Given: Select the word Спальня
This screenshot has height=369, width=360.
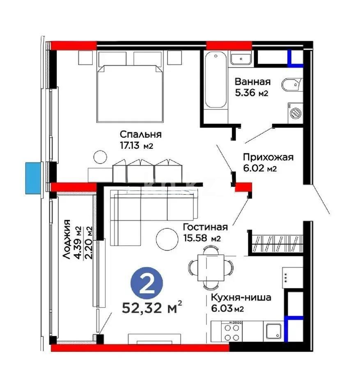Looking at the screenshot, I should (141, 134).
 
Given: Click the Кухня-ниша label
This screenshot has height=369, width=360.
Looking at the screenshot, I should (241, 298).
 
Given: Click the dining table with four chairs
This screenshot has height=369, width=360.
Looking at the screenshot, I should (211, 266).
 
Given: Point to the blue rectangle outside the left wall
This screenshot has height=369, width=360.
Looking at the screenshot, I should (33, 178).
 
